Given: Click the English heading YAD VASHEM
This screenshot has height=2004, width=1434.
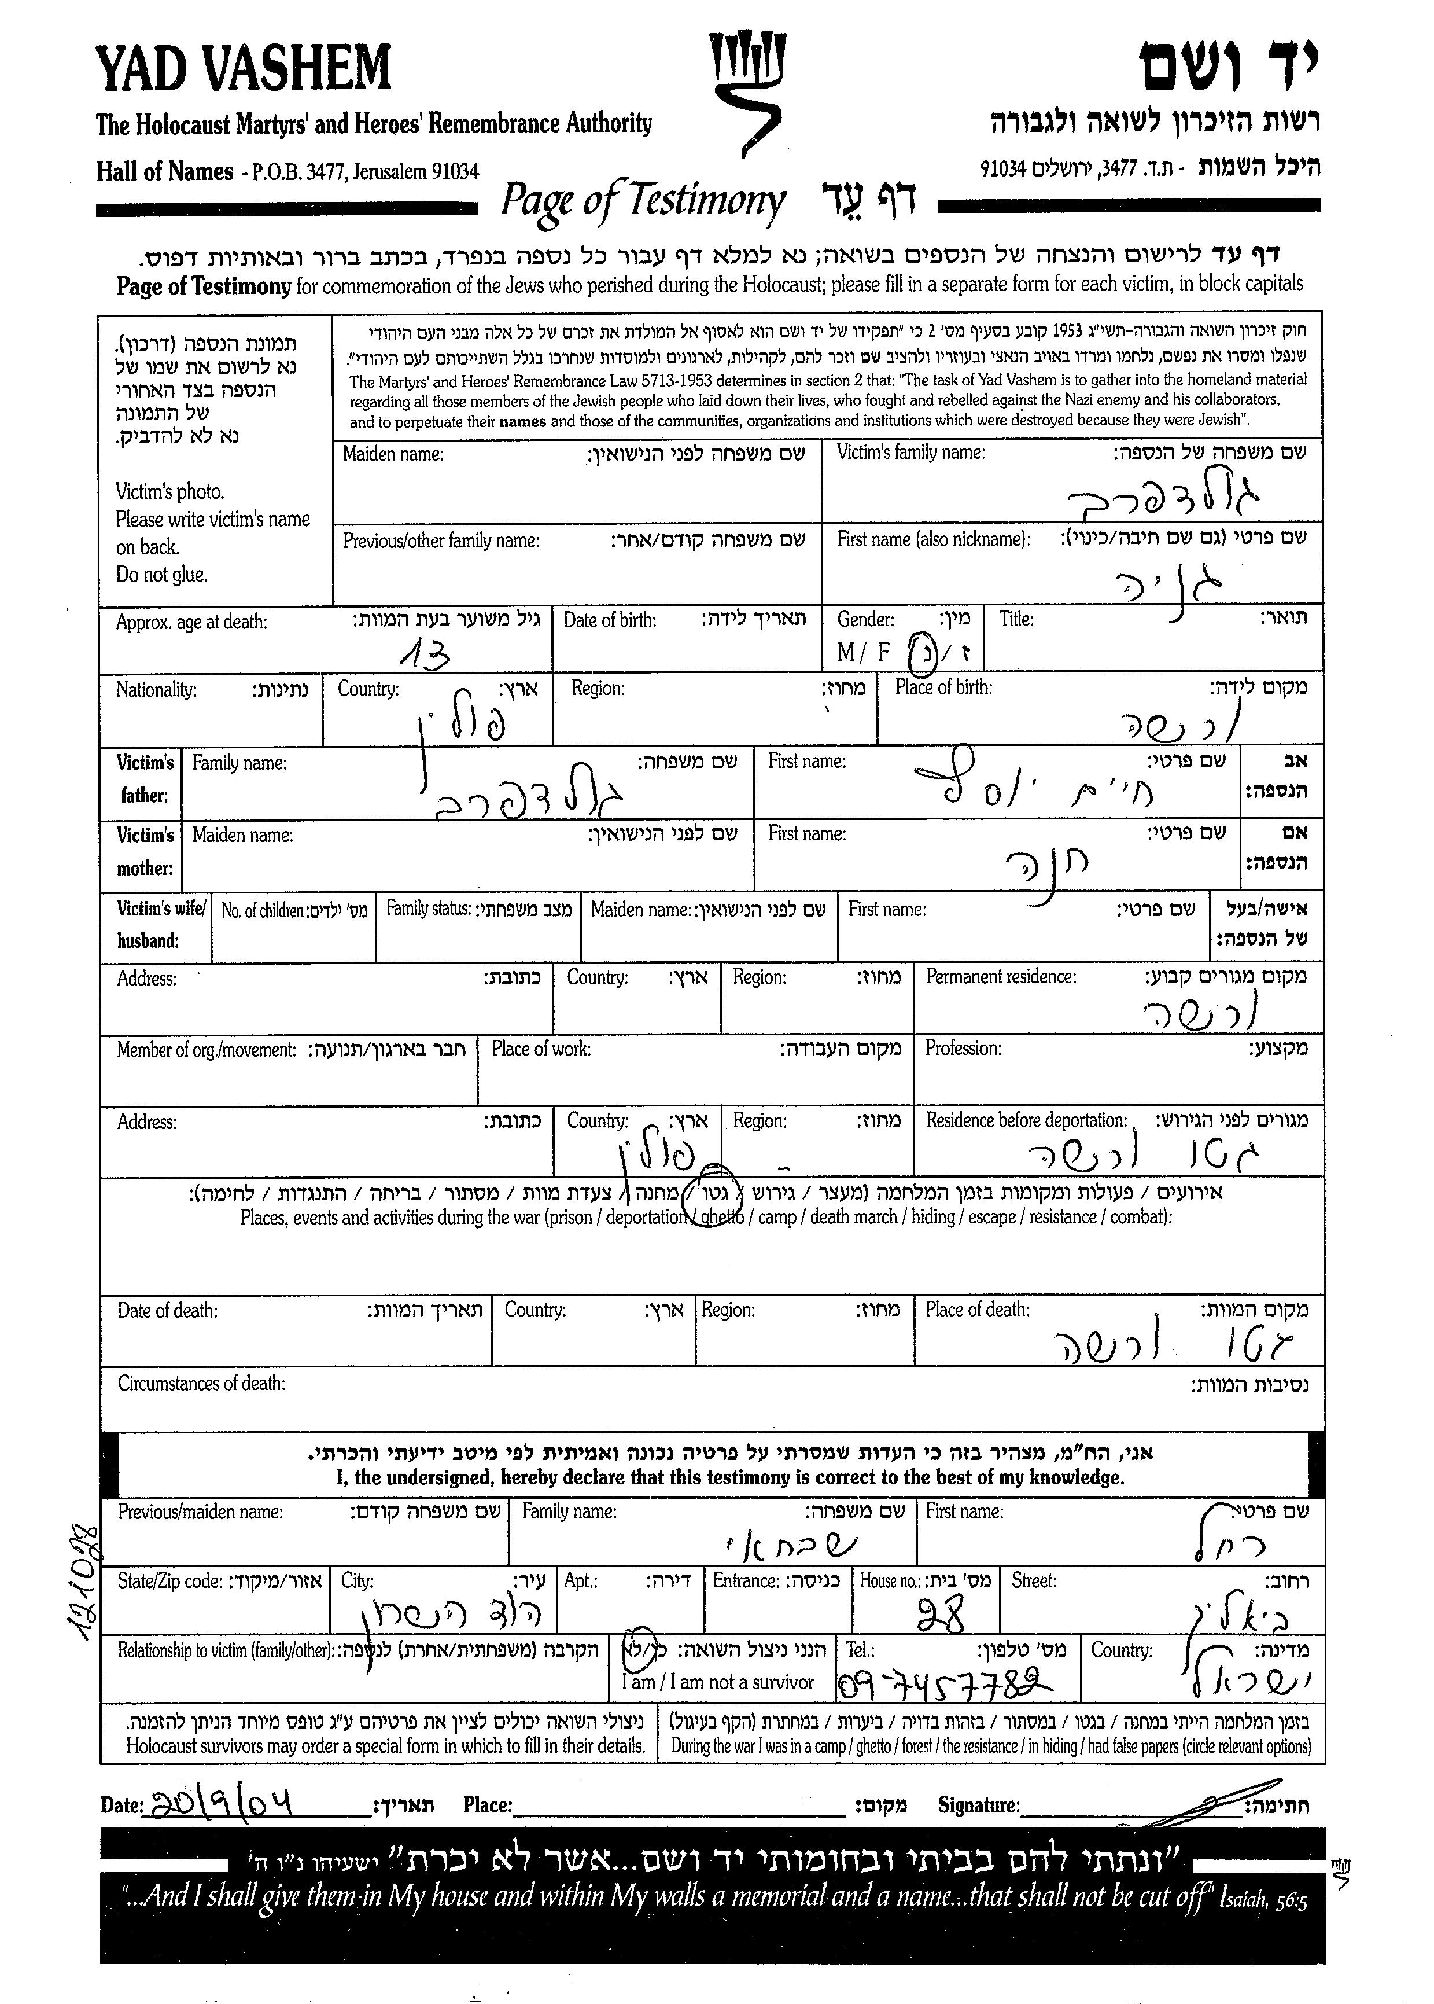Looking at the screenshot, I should click(243, 68).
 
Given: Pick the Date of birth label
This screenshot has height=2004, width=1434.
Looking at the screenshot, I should click(609, 620).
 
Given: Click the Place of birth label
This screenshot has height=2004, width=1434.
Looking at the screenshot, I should click(943, 687).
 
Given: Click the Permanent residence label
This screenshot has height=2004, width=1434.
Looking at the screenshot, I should click(1000, 977).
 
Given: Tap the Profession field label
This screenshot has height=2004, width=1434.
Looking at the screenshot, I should click(963, 1049).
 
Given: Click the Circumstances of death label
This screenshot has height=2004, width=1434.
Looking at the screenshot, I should click(201, 1383).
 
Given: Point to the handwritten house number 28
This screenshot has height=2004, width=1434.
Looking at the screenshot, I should click(942, 1613).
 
